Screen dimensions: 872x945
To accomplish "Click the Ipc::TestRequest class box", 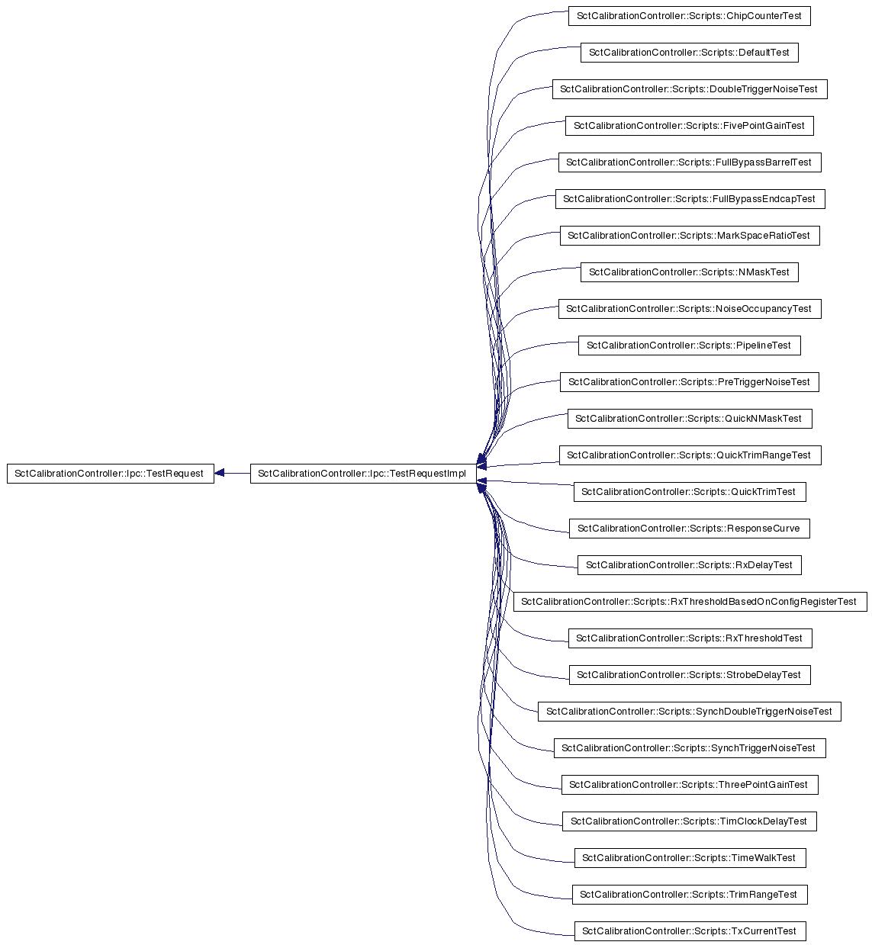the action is (x=111, y=474).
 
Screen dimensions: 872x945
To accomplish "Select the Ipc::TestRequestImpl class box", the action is (x=363, y=474).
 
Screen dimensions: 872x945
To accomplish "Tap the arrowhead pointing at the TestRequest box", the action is (x=220, y=473).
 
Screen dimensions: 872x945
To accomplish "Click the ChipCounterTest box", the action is (x=689, y=16).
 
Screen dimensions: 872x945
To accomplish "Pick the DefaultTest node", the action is (x=689, y=53).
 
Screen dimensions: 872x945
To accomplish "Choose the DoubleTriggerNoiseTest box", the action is (x=690, y=89).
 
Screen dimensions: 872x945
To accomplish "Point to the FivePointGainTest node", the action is (x=689, y=126).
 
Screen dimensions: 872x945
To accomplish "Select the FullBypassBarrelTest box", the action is (x=690, y=162).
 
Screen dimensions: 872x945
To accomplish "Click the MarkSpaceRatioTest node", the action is (x=690, y=236).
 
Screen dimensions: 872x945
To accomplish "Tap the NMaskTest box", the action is (x=689, y=272).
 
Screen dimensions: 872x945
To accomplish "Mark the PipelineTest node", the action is (x=689, y=346).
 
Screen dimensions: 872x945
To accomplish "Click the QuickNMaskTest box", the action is (x=690, y=419).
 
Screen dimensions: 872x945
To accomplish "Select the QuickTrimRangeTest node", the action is (x=690, y=455).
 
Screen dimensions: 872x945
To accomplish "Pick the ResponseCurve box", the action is (x=689, y=529).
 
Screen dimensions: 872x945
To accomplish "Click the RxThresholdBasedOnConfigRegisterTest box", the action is (x=690, y=602).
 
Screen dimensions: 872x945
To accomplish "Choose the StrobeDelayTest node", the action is (x=690, y=675).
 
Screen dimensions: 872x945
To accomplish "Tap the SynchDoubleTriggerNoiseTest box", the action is (x=689, y=712).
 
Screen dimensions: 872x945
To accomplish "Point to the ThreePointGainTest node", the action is (x=690, y=785).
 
